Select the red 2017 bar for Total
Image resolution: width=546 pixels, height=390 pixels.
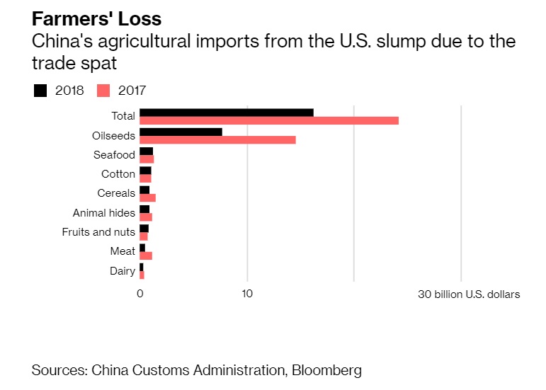(269, 120)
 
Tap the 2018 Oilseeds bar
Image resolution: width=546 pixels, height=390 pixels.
(181, 131)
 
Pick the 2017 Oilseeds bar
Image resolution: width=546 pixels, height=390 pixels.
(217, 139)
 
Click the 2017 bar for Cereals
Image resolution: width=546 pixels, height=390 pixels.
(147, 197)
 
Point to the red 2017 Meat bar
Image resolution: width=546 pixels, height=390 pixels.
(146, 256)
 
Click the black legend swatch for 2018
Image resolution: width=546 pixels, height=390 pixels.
(40, 91)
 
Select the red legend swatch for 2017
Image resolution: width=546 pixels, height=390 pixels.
(104, 91)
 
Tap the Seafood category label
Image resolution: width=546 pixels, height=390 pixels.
(114, 155)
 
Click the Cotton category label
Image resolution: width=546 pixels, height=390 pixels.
(118, 174)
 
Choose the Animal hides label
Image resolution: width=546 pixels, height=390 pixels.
(104, 213)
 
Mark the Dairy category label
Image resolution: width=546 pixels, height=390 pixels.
(123, 271)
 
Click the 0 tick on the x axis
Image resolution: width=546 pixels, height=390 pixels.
(140, 294)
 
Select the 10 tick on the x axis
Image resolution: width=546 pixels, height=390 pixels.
(247, 294)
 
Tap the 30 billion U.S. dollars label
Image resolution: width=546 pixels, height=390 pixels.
(469, 294)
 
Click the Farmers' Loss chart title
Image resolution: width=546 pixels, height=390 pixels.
(96, 18)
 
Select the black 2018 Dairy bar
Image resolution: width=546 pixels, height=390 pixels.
(141, 267)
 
